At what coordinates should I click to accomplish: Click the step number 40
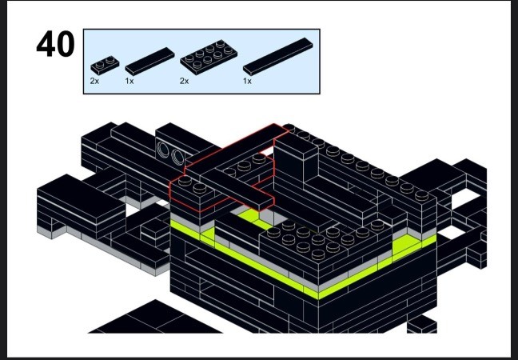(x=55, y=44)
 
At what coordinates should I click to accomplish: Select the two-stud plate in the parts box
(x=105, y=65)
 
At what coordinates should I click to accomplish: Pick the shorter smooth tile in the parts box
(x=149, y=62)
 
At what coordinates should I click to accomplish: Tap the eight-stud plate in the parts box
(x=209, y=58)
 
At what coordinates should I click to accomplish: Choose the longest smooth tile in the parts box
(x=278, y=57)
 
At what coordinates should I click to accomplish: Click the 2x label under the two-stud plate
(x=94, y=81)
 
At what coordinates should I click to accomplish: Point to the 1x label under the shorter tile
(x=129, y=81)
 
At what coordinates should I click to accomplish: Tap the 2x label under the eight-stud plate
(x=185, y=81)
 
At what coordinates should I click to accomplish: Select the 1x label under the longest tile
(x=248, y=81)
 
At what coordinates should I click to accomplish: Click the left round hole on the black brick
(x=163, y=149)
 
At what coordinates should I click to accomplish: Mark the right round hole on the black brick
(x=177, y=158)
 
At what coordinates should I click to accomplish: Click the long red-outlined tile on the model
(x=236, y=149)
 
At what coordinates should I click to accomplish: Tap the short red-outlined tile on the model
(x=237, y=190)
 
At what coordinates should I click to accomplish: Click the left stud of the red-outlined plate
(x=185, y=181)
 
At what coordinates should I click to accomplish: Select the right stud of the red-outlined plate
(x=200, y=188)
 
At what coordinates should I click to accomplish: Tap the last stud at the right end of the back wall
(x=421, y=195)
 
